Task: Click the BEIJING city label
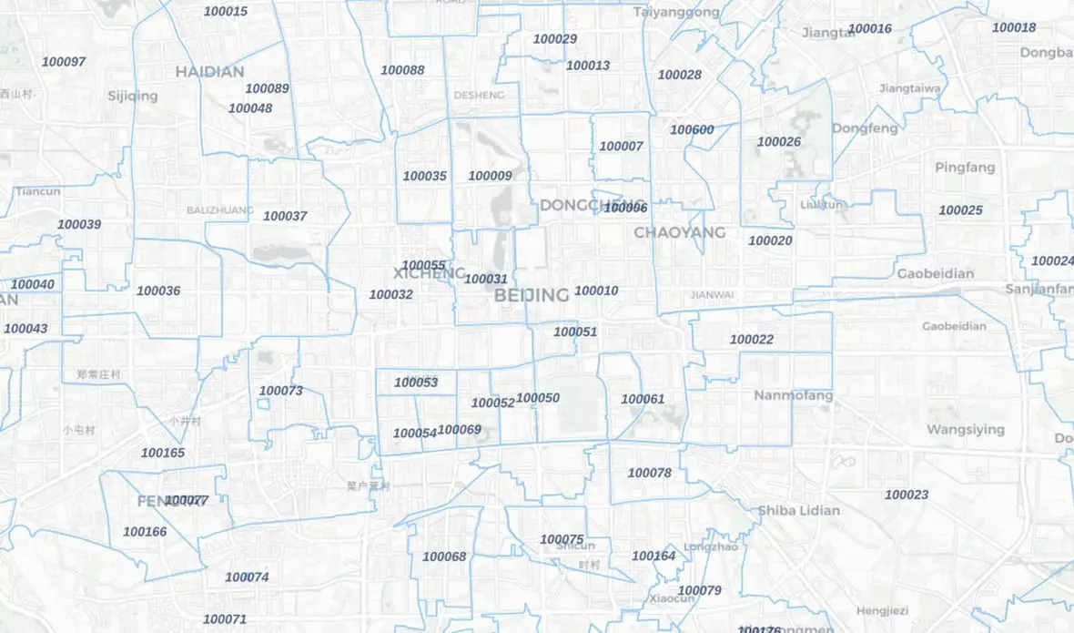[532, 295]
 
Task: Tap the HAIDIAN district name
[209, 71]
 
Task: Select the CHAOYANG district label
[679, 232]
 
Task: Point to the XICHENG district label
[430, 273]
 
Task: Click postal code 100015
[225, 12]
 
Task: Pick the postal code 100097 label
[64, 62]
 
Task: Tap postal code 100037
[285, 216]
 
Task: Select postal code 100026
[779, 141]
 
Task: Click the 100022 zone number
[752, 340]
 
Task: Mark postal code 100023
[907, 495]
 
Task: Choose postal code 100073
[280, 391]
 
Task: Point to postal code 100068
[444, 556]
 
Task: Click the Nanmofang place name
[793, 395]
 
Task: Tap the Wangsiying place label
[966, 429]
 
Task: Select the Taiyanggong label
[676, 12]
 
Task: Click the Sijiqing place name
[132, 96]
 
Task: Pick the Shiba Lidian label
[798, 510]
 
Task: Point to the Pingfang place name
[965, 168]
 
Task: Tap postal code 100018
[1014, 27]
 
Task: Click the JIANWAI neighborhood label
[712, 294]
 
